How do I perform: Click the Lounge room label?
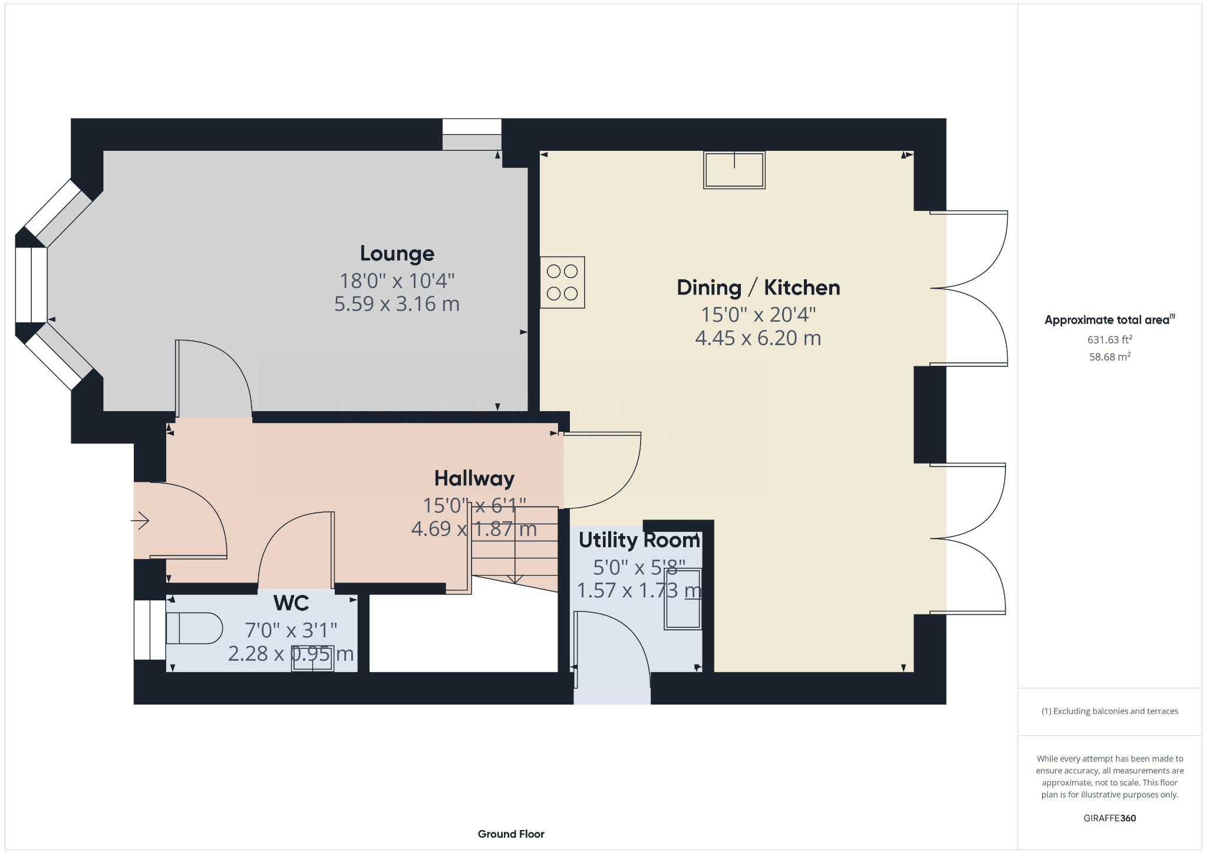pos(397,253)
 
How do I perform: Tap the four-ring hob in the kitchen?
pos(562,282)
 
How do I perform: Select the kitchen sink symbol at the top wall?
pos(734,170)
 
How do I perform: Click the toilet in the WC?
pos(193,629)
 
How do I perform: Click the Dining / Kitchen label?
pos(758,287)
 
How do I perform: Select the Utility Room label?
pos(639,540)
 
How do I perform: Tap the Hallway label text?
pos(474,478)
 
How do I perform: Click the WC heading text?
pos(291,603)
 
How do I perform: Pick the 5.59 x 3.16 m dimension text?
pos(397,304)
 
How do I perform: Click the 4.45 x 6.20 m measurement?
pos(758,338)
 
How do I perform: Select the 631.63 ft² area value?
pos(1109,339)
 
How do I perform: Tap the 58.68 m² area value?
pos(1109,356)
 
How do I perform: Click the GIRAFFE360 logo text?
pos(1109,818)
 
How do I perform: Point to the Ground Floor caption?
pos(511,834)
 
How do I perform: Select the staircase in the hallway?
pos(515,548)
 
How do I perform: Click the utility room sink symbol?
pos(683,599)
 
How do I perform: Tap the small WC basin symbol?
pos(313,659)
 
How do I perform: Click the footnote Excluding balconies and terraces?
pos(1109,711)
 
